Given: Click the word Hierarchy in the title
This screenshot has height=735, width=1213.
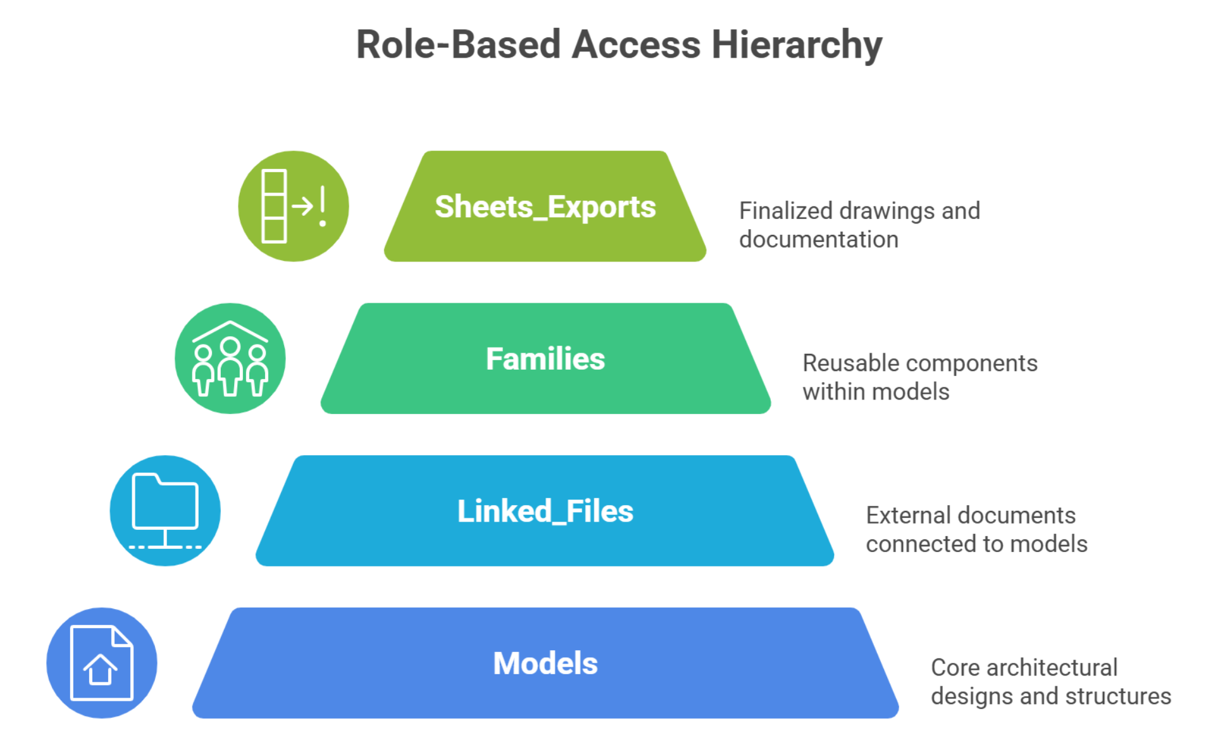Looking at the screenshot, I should point(796,46).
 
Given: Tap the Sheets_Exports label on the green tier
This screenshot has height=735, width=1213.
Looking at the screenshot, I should point(545,207).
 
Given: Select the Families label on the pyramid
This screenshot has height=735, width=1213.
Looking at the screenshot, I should point(545,359).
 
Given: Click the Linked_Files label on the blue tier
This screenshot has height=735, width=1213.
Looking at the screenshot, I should point(545,512).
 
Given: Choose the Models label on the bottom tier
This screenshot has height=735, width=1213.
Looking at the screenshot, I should point(545,663).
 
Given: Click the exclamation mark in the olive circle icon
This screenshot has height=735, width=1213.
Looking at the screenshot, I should point(323,206).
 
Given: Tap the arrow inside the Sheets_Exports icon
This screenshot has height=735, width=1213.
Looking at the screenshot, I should point(302,206).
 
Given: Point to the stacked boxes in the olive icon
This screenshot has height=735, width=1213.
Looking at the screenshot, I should point(274,206).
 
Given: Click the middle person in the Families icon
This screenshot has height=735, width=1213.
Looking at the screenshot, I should point(230,367).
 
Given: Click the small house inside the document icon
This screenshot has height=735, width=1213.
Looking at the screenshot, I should point(100,670).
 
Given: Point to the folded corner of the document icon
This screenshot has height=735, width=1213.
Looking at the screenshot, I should point(122,636).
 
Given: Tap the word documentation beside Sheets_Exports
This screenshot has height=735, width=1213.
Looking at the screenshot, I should point(818,240).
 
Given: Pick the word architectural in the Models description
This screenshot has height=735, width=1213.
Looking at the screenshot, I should point(1052,668).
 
